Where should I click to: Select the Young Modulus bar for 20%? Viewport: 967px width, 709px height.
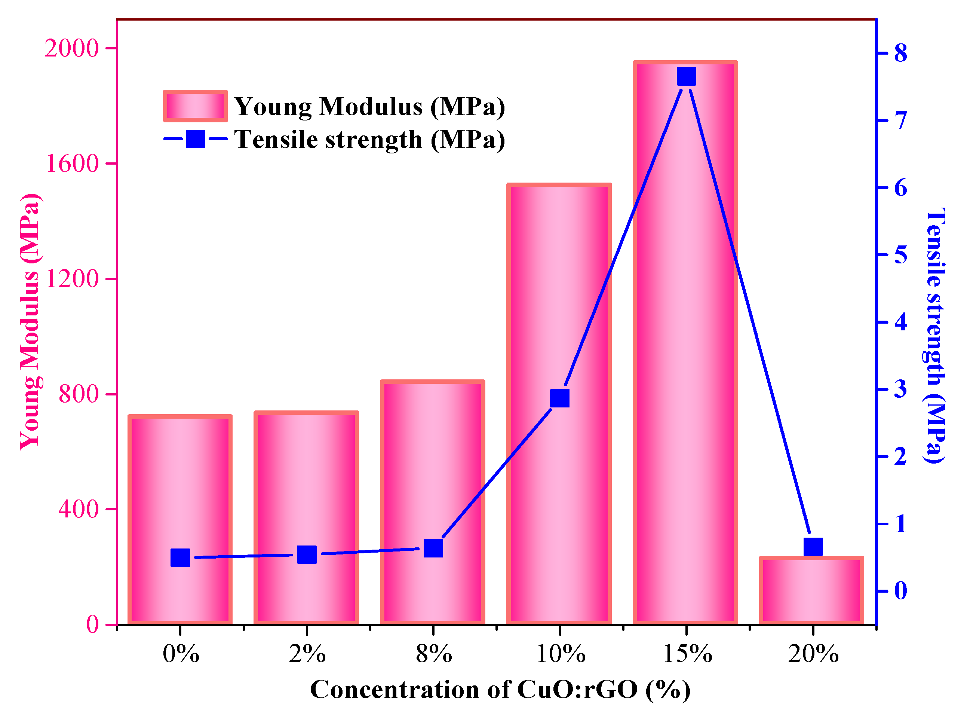point(811,592)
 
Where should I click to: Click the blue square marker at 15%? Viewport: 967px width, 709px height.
point(686,76)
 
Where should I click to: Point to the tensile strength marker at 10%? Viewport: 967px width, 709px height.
point(560,398)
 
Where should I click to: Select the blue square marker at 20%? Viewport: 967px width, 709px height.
point(813,548)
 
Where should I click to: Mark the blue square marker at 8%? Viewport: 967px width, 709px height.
point(433,548)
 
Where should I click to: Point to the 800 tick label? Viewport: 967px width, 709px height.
point(79,394)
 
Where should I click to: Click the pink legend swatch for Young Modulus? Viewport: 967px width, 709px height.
point(195,106)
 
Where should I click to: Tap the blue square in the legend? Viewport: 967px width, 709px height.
point(195,139)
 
